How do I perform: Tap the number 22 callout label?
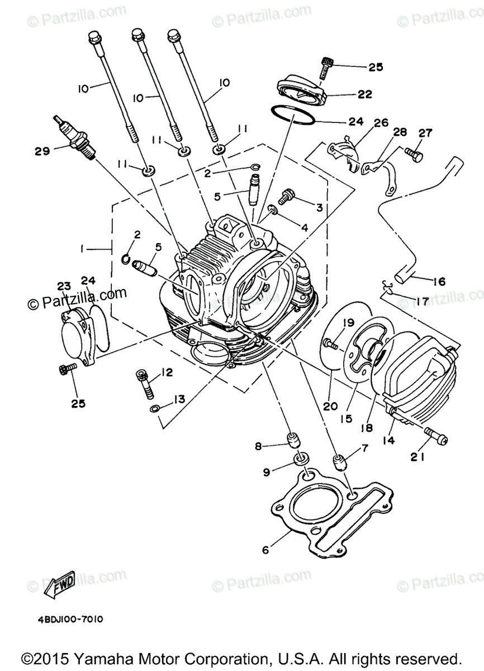click(x=365, y=94)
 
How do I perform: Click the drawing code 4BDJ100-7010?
click(x=70, y=620)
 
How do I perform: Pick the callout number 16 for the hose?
click(x=439, y=282)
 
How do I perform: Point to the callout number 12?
click(x=168, y=372)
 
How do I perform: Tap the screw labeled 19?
click(x=330, y=344)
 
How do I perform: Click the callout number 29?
click(x=42, y=150)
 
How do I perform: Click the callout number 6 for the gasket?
click(x=265, y=550)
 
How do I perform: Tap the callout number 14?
click(x=388, y=440)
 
